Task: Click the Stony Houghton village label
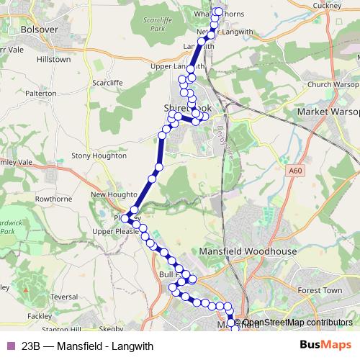coord(99,155)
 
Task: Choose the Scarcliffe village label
coord(108,83)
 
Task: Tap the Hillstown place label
coord(54,60)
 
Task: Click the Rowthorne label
coord(54,199)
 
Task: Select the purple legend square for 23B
coord(10,346)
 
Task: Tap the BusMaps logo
coord(325,346)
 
